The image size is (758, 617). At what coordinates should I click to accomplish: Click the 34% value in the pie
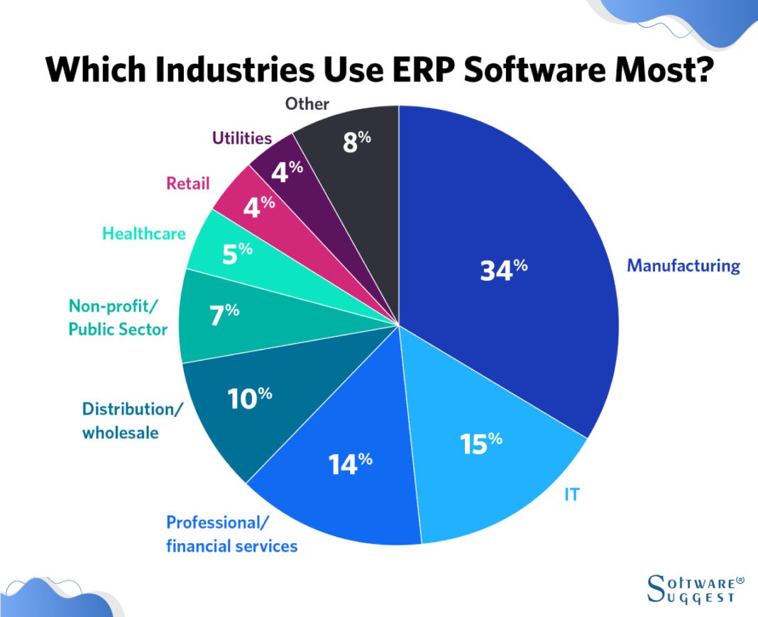pos(503,270)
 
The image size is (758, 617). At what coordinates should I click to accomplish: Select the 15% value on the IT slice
pos(481,443)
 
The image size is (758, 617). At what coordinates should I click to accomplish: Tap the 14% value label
pos(350,463)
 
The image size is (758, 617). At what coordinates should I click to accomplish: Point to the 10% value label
pos(250,399)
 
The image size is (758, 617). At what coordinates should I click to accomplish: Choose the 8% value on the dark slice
pos(356,141)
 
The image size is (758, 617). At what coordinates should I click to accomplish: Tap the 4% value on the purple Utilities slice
pos(287,171)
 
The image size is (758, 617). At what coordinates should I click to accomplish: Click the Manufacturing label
pos(683,266)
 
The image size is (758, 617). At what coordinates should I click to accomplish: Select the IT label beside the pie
pos(572,494)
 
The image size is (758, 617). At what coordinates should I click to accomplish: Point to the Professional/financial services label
pos(231,534)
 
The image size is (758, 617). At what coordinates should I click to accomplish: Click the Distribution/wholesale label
pos(133,421)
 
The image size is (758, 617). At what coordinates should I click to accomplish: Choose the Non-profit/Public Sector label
pos(118,318)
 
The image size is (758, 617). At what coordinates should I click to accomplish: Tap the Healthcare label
pos(143,233)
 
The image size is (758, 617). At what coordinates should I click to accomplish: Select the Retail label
pos(188,184)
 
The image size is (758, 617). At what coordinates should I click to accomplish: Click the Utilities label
pos(242,138)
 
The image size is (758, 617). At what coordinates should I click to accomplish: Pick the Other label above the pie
pos(307,104)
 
